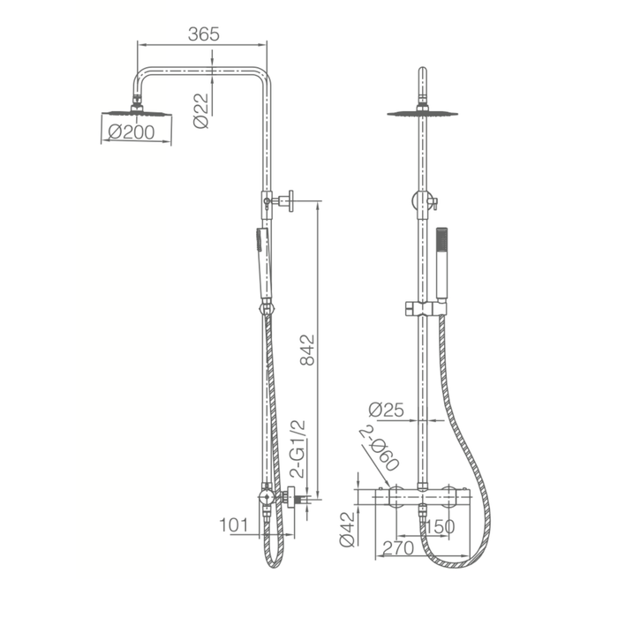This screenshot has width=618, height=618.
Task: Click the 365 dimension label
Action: coord(203,34)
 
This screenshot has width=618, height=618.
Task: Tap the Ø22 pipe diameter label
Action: coord(201,110)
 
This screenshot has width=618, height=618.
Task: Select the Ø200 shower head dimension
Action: coord(132,132)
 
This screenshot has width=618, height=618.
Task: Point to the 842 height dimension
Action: coord(308,350)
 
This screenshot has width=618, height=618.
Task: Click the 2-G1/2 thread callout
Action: coord(298,448)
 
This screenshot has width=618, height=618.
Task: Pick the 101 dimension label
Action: coord(234,525)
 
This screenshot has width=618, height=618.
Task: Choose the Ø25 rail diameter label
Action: coord(387,410)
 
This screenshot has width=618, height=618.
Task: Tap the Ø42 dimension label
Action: coord(347,530)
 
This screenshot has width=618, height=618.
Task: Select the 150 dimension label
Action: coord(441,526)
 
